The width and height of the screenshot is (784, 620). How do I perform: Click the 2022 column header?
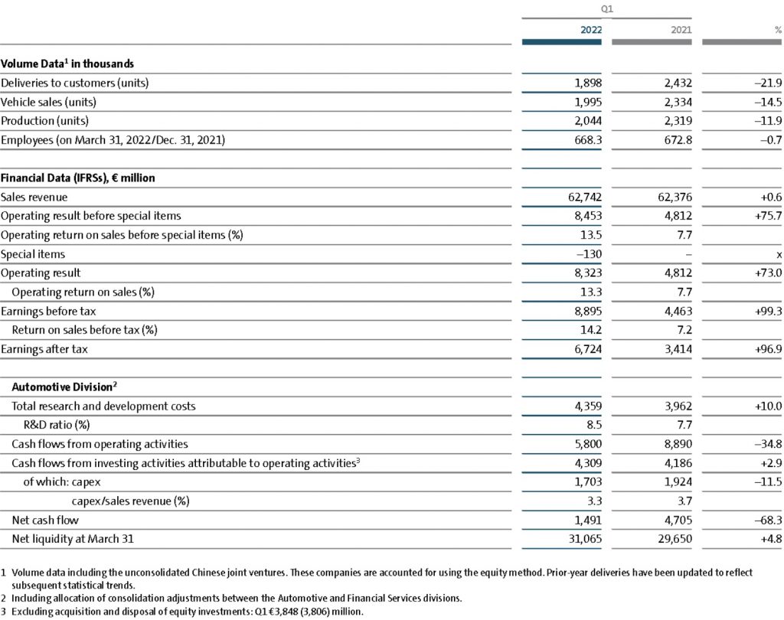click(590, 30)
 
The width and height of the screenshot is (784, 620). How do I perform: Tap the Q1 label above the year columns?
click(607, 9)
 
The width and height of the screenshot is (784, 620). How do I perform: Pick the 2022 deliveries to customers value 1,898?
click(588, 83)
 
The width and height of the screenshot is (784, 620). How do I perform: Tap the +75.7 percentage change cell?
click(766, 216)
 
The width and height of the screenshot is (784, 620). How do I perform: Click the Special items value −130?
click(590, 254)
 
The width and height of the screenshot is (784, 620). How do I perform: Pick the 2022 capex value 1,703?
click(588, 481)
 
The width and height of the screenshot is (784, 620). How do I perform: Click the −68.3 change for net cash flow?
click(766, 520)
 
